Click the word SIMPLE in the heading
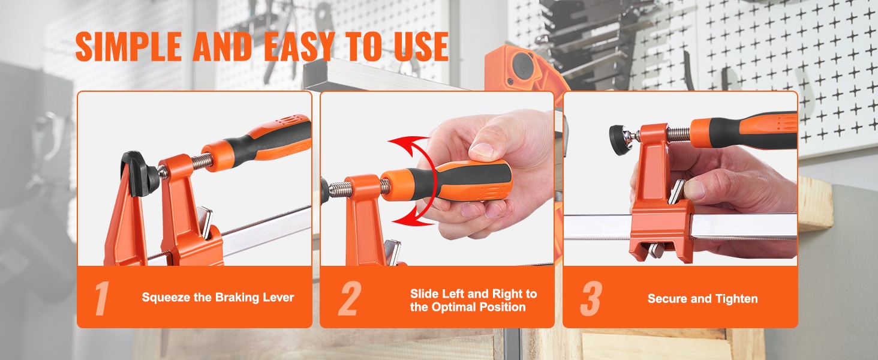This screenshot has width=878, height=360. pyautogui.click(x=128, y=46)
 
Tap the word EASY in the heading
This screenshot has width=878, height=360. pyautogui.click(x=299, y=46)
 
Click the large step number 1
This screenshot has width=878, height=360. pyautogui.click(x=102, y=298)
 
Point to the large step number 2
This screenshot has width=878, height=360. pyautogui.click(x=350, y=298)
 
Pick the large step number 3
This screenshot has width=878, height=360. pyautogui.click(x=591, y=298)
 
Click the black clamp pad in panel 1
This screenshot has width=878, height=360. pyautogui.click(x=137, y=173)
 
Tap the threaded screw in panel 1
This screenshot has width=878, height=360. pyautogui.click(x=201, y=160)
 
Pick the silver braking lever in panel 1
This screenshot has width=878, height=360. pyautogui.click(x=205, y=223)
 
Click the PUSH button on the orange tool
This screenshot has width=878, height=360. pyautogui.click(x=522, y=67)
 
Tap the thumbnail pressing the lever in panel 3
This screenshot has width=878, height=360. pyautogui.click(x=694, y=190)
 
